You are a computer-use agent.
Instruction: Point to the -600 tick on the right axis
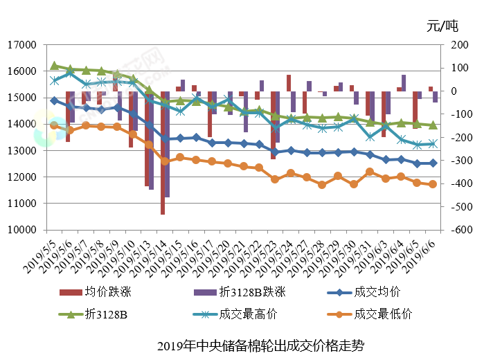(x=454, y=230)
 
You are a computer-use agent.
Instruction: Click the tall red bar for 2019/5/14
(x=162, y=152)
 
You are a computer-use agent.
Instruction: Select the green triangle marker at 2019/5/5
(x=55, y=66)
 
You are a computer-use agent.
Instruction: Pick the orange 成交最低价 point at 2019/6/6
(x=433, y=184)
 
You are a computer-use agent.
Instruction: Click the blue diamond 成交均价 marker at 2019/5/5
(x=55, y=100)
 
